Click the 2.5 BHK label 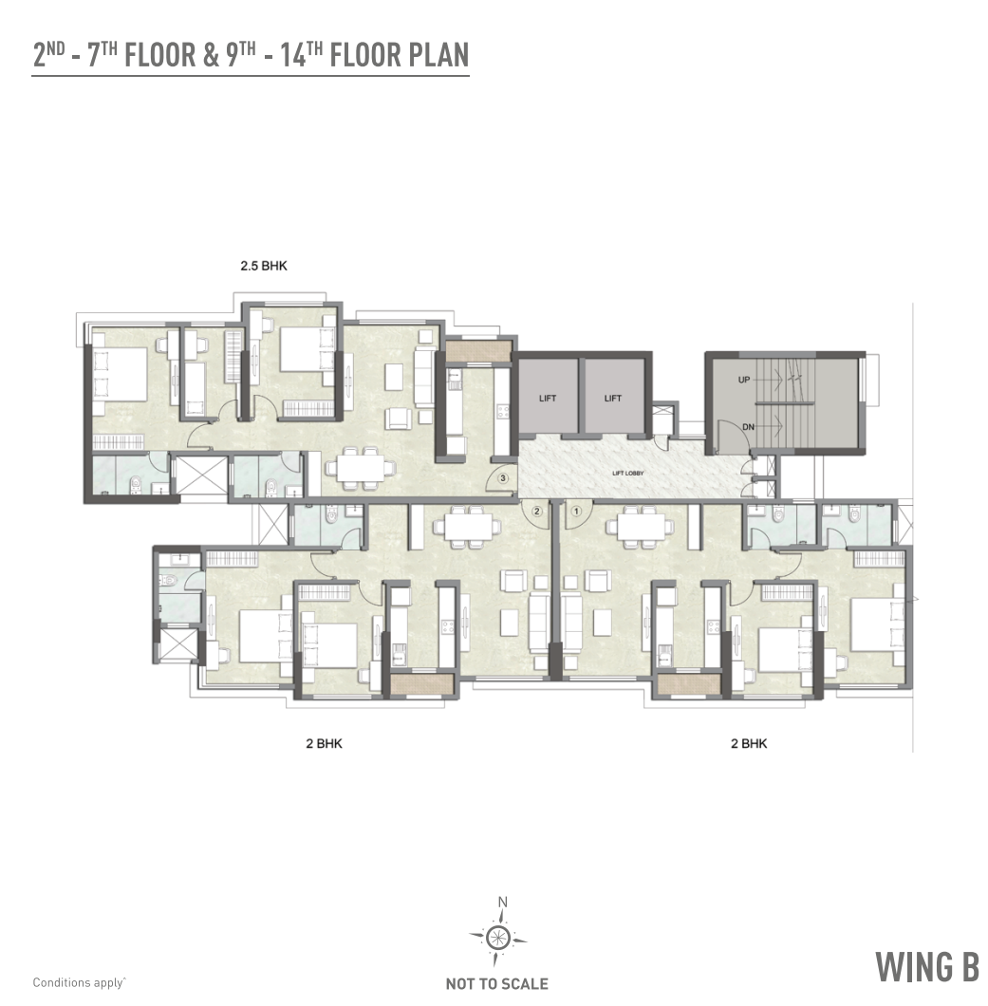point(263,267)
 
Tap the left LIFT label point(548,398)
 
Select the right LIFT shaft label point(613,398)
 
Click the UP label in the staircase point(745,380)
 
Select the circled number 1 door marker point(575,511)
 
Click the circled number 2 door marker point(537,511)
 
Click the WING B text point(926,967)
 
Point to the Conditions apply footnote point(80,983)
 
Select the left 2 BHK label point(324,744)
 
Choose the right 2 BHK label point(749,744)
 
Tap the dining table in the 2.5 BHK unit point(359,466)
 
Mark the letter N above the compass point(503,903)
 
